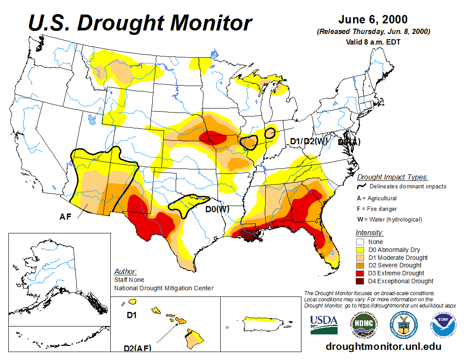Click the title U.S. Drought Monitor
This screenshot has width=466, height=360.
coord(140,22)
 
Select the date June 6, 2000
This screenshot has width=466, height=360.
coord(373,20)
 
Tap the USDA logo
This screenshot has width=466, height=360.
coord(324,324)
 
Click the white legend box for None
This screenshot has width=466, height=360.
coord(360,242)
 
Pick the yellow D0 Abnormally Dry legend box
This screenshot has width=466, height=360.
coord(360,250)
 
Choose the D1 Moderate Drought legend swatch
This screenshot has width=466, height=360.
coord(360,258)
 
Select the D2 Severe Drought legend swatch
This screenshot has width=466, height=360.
coord(360,265)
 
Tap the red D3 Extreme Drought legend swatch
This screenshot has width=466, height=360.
coord(360,273)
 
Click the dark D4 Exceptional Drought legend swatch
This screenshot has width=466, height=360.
coord(360,281)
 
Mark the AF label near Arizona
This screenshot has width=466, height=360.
coord(66,217)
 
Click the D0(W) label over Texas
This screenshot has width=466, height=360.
coord(218,209)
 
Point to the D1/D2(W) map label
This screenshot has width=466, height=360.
coord(308,141)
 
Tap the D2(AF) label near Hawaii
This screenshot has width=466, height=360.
coord(137,348)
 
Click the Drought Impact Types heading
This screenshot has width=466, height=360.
coord(392,177)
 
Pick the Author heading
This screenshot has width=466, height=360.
coord(125,271)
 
